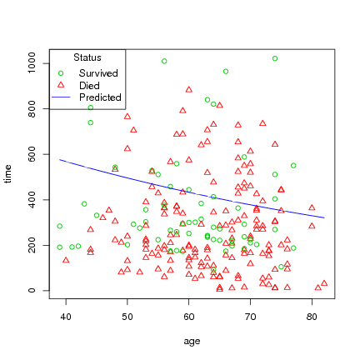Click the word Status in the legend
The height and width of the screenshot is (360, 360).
pos(87,57)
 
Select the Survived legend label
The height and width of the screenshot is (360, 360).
pos(97,73)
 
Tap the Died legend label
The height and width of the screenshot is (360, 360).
pos(89,86)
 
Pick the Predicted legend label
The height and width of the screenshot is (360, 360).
pos(100,98)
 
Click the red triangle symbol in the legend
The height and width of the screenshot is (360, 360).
pos(61,86)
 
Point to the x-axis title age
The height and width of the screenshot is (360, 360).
pos(192,341)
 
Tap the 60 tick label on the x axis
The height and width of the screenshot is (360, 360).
pos(188,317)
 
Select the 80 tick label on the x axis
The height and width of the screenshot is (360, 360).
pos(312,317)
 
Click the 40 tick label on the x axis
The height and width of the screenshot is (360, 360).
pos(66,317)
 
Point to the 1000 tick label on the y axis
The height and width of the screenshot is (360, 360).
pos(32,64)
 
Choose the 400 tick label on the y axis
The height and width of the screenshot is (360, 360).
pos(32,200)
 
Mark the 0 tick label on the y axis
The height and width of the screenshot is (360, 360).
pos(32,291)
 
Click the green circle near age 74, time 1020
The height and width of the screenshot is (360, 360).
pos(275,58)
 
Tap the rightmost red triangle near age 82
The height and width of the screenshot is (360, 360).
pos(324,283)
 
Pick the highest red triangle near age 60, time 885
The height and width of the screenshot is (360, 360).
pos(189,89)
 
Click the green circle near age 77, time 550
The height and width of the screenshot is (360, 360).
pos(293,165)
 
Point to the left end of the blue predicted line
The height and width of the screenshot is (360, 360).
pos(60,159)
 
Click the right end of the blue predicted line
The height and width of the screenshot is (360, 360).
pos(324,218)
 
